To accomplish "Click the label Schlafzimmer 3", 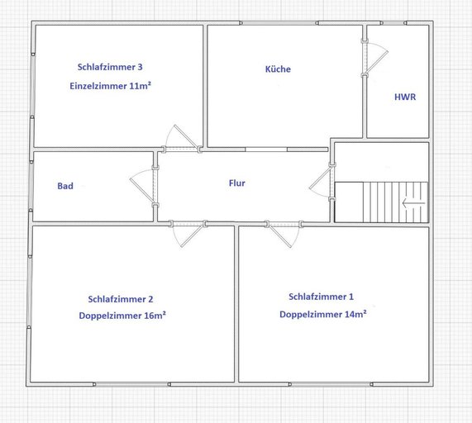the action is (x=110, y=67).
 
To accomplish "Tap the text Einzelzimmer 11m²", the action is (x=110, y=86).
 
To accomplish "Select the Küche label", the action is (x=278, y=69).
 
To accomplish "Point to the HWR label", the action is (x=405, y=97).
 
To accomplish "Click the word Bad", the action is (x=65, y=186).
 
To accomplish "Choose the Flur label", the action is (x=237, y=183).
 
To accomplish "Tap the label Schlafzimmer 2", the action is (x=121, y=299).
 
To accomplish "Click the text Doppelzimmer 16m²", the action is (x=122, y=316).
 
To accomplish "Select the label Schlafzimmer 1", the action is (x=322, y=297).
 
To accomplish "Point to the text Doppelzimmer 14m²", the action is (x=323, y=314).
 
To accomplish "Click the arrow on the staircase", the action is (x=413, y=202).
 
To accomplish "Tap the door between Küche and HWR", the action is (x=374, y=57).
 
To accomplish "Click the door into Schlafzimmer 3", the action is (x=182, y=139).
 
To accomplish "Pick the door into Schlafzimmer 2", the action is (x=188, y=234).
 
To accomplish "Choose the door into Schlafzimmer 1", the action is (x=284, y=234).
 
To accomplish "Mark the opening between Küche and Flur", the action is (x=266, y=150).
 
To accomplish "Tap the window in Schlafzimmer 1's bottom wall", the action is (x=331, y=384).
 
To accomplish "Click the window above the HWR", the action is (x=393, y=23).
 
